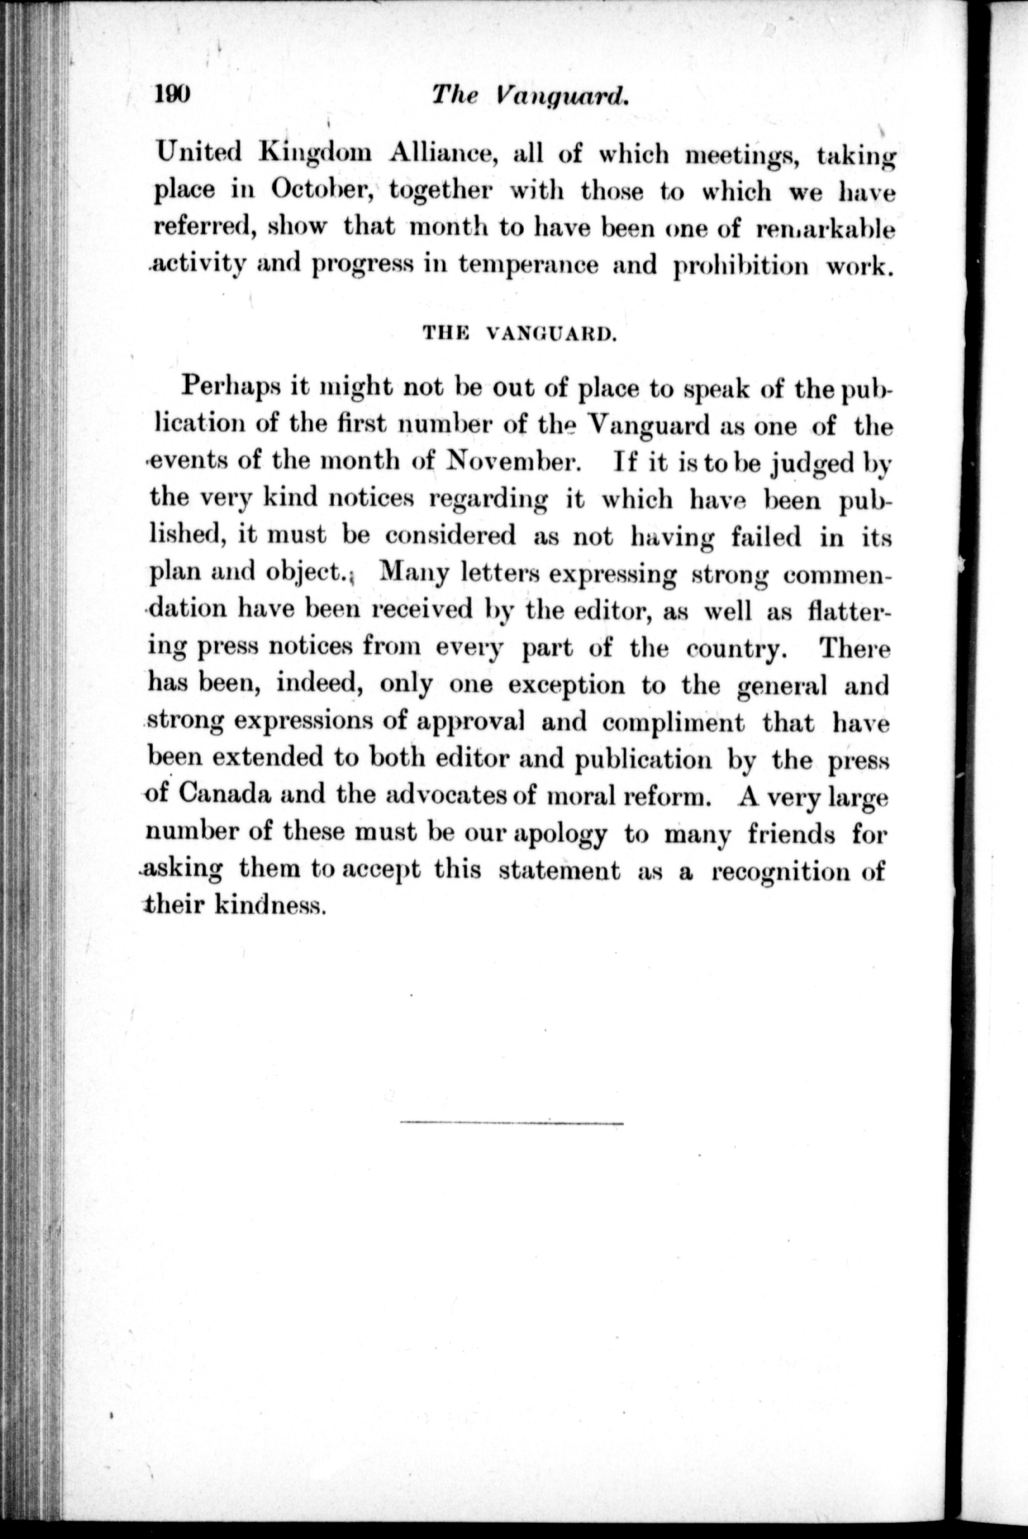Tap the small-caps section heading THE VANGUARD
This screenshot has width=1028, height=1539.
(519, 333)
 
